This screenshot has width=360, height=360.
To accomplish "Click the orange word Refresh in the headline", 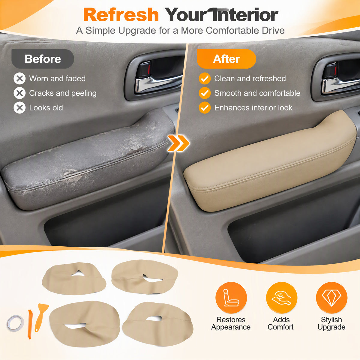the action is click(121, 15).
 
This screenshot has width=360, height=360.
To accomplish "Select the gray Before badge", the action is click(43, 59).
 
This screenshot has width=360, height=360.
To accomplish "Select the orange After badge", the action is click(226, 59).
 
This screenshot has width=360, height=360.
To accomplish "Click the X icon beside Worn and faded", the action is click(19, 79).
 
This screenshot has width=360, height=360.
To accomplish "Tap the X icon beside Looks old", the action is click(19, 108).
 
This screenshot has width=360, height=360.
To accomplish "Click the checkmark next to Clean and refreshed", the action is click(205, 79).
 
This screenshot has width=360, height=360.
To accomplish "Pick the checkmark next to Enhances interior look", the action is click(205, 108).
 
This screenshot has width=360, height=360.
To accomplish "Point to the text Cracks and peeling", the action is click(63, 93).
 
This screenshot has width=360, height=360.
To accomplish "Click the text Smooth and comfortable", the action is click(257, 93).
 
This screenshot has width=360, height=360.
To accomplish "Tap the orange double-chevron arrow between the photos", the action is click(179, 143).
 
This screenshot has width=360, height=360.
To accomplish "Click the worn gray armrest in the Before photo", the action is click(88, 161).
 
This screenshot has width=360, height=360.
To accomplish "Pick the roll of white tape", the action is click(15, 323).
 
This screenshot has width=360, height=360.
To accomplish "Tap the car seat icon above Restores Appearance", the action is click(231, 298).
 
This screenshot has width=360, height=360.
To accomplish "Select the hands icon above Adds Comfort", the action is click(281, 298).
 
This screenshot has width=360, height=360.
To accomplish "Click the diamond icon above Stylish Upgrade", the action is click(331, 298).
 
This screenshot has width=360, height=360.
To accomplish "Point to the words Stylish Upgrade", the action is click(331, 323).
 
